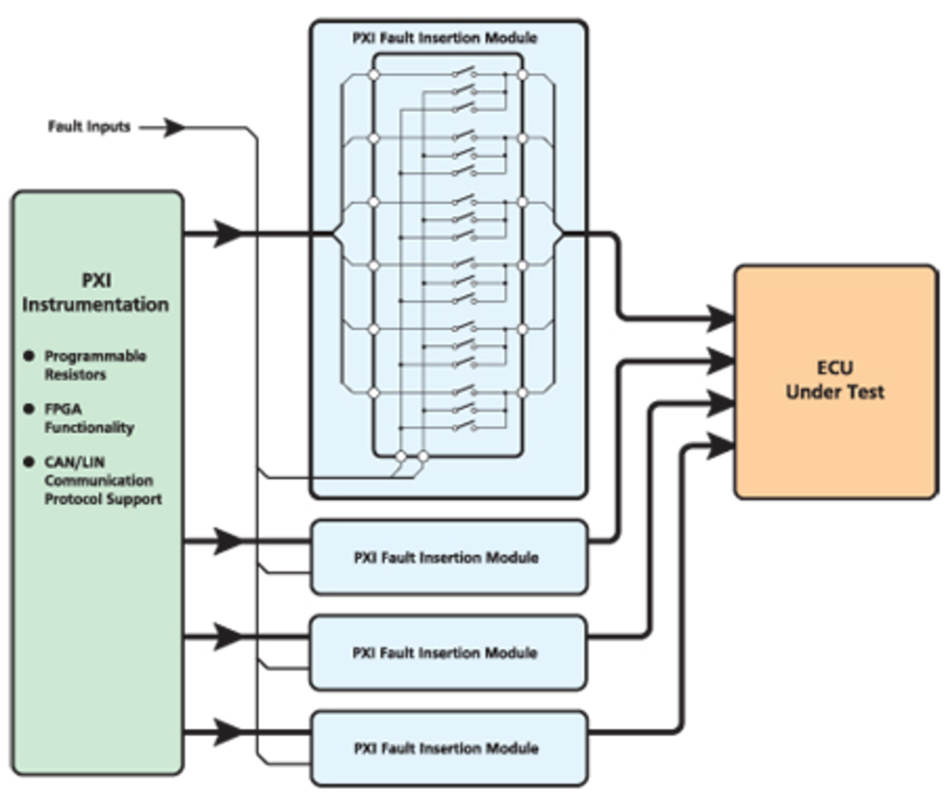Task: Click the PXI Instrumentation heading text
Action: point(96,293)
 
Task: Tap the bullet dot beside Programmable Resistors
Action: point(29,356)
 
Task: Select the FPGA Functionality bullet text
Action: point(89,418)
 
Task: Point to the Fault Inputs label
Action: point(89,127)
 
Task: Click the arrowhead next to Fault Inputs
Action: point(174,128)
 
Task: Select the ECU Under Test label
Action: point(835,380)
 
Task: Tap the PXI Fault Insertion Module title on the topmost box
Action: point(444,38)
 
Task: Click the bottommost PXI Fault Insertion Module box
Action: point(448,748)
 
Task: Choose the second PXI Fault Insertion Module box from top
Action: point(448,557)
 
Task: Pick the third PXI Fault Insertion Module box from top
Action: point(448,653)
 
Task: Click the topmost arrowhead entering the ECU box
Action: point(720,318)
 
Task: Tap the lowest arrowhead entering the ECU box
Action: point(720,446)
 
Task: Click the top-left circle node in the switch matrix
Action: point(374,75)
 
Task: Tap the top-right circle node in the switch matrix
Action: point(522,75)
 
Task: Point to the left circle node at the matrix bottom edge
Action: point(401,456)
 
